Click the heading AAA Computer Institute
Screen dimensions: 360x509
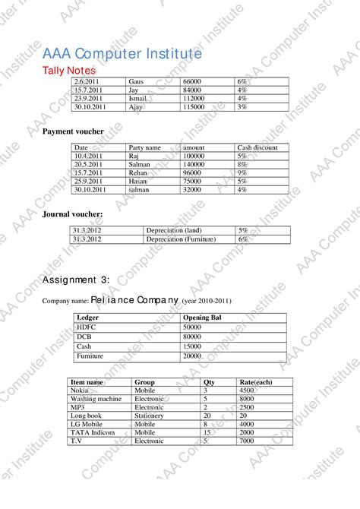click(x=122, y=54)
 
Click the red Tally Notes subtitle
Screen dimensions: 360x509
click(x=68, y=71)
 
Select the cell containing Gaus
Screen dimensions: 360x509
click(x=136, y=81)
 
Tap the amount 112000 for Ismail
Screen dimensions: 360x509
click(x=194, y=99)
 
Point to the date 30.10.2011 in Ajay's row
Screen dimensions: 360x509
click(x=90, y=107)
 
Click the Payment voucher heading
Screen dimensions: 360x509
click(x=73, y=131)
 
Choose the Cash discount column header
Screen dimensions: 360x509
click(x=257, y=147)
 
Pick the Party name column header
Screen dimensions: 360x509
click(x=144, y=147)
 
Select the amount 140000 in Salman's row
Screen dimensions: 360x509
click(x=194, y=164)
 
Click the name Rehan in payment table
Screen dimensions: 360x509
click(x=138, y=172)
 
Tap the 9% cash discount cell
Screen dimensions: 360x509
click(x=242, y=172)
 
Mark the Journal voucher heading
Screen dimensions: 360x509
click(x=72, y=214)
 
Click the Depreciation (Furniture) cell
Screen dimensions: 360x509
click(x=181, y=239)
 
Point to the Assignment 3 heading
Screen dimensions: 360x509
click(x=76, y=279)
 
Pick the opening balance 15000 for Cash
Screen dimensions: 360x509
click(x=192, y=346)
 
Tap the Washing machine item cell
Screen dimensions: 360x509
click(x=96, y=398)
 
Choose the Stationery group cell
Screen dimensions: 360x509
click(x=150, y=416)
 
